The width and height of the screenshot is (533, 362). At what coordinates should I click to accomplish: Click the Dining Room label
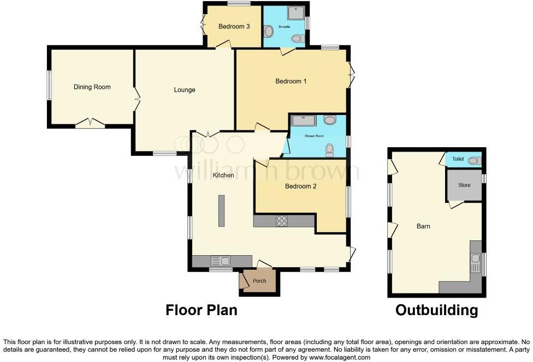tap(92, 87)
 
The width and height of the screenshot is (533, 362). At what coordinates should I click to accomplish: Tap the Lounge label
tap(185, 90)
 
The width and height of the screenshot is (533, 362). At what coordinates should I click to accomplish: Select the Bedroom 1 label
tap(291, 81)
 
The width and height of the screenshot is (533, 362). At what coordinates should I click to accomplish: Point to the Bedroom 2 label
tap(300, 186)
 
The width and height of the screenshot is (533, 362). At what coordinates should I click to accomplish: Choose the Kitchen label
tap(223, 176)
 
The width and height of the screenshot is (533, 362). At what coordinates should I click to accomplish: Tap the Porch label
tap(259, 281)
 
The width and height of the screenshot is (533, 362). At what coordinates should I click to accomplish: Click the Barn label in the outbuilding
tap(423, 226)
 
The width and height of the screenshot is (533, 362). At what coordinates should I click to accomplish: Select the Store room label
tap(464, 185)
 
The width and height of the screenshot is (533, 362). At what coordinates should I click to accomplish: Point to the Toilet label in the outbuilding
tap(458, 159)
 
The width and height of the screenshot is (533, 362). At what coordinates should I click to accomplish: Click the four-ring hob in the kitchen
tap(282, 221)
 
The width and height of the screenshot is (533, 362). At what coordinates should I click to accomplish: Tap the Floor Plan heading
tap(202, 310)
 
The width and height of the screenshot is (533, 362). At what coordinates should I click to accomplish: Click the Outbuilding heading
tap(436, 310)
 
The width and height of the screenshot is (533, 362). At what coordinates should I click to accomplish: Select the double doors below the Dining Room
tap(90, 123)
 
